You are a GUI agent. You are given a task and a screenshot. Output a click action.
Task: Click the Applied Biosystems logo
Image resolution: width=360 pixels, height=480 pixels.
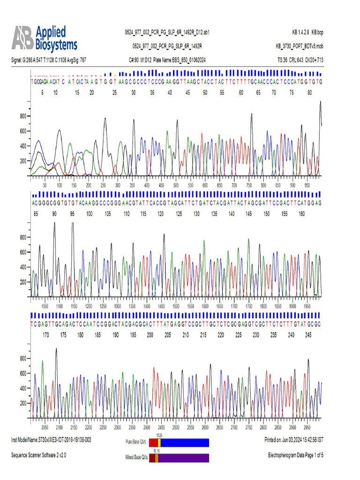coord(45,38)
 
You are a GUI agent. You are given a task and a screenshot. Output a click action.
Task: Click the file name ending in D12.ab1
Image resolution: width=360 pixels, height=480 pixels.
coord(167,32)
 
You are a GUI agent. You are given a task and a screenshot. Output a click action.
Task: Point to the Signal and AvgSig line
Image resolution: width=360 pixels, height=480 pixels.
coord(48,60)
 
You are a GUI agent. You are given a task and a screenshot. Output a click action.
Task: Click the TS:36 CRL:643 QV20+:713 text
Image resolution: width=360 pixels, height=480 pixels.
coord(300,60)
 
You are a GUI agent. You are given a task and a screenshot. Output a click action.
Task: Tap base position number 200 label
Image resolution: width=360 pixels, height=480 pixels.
coord(150,335)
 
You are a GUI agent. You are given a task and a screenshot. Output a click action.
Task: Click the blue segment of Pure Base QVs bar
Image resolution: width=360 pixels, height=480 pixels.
coord(185,442)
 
